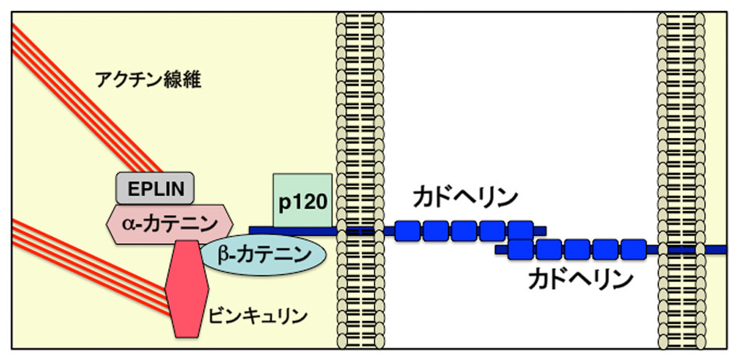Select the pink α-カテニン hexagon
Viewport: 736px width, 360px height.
click(169, 223)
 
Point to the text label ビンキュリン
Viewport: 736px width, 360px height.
click(258, 317)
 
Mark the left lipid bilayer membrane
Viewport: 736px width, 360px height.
click(359, 179)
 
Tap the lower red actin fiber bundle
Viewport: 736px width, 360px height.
click(78, 265)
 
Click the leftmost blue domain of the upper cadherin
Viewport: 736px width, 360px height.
click(407, 230)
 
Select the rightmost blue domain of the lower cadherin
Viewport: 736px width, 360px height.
click(634, 249)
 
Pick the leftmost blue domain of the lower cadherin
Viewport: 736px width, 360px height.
click(520, 249)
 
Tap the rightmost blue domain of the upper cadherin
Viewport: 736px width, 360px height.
click(520, 230)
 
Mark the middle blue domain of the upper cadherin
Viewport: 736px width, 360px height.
click(464, 230)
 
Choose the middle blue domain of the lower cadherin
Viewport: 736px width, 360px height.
click(577, 249)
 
